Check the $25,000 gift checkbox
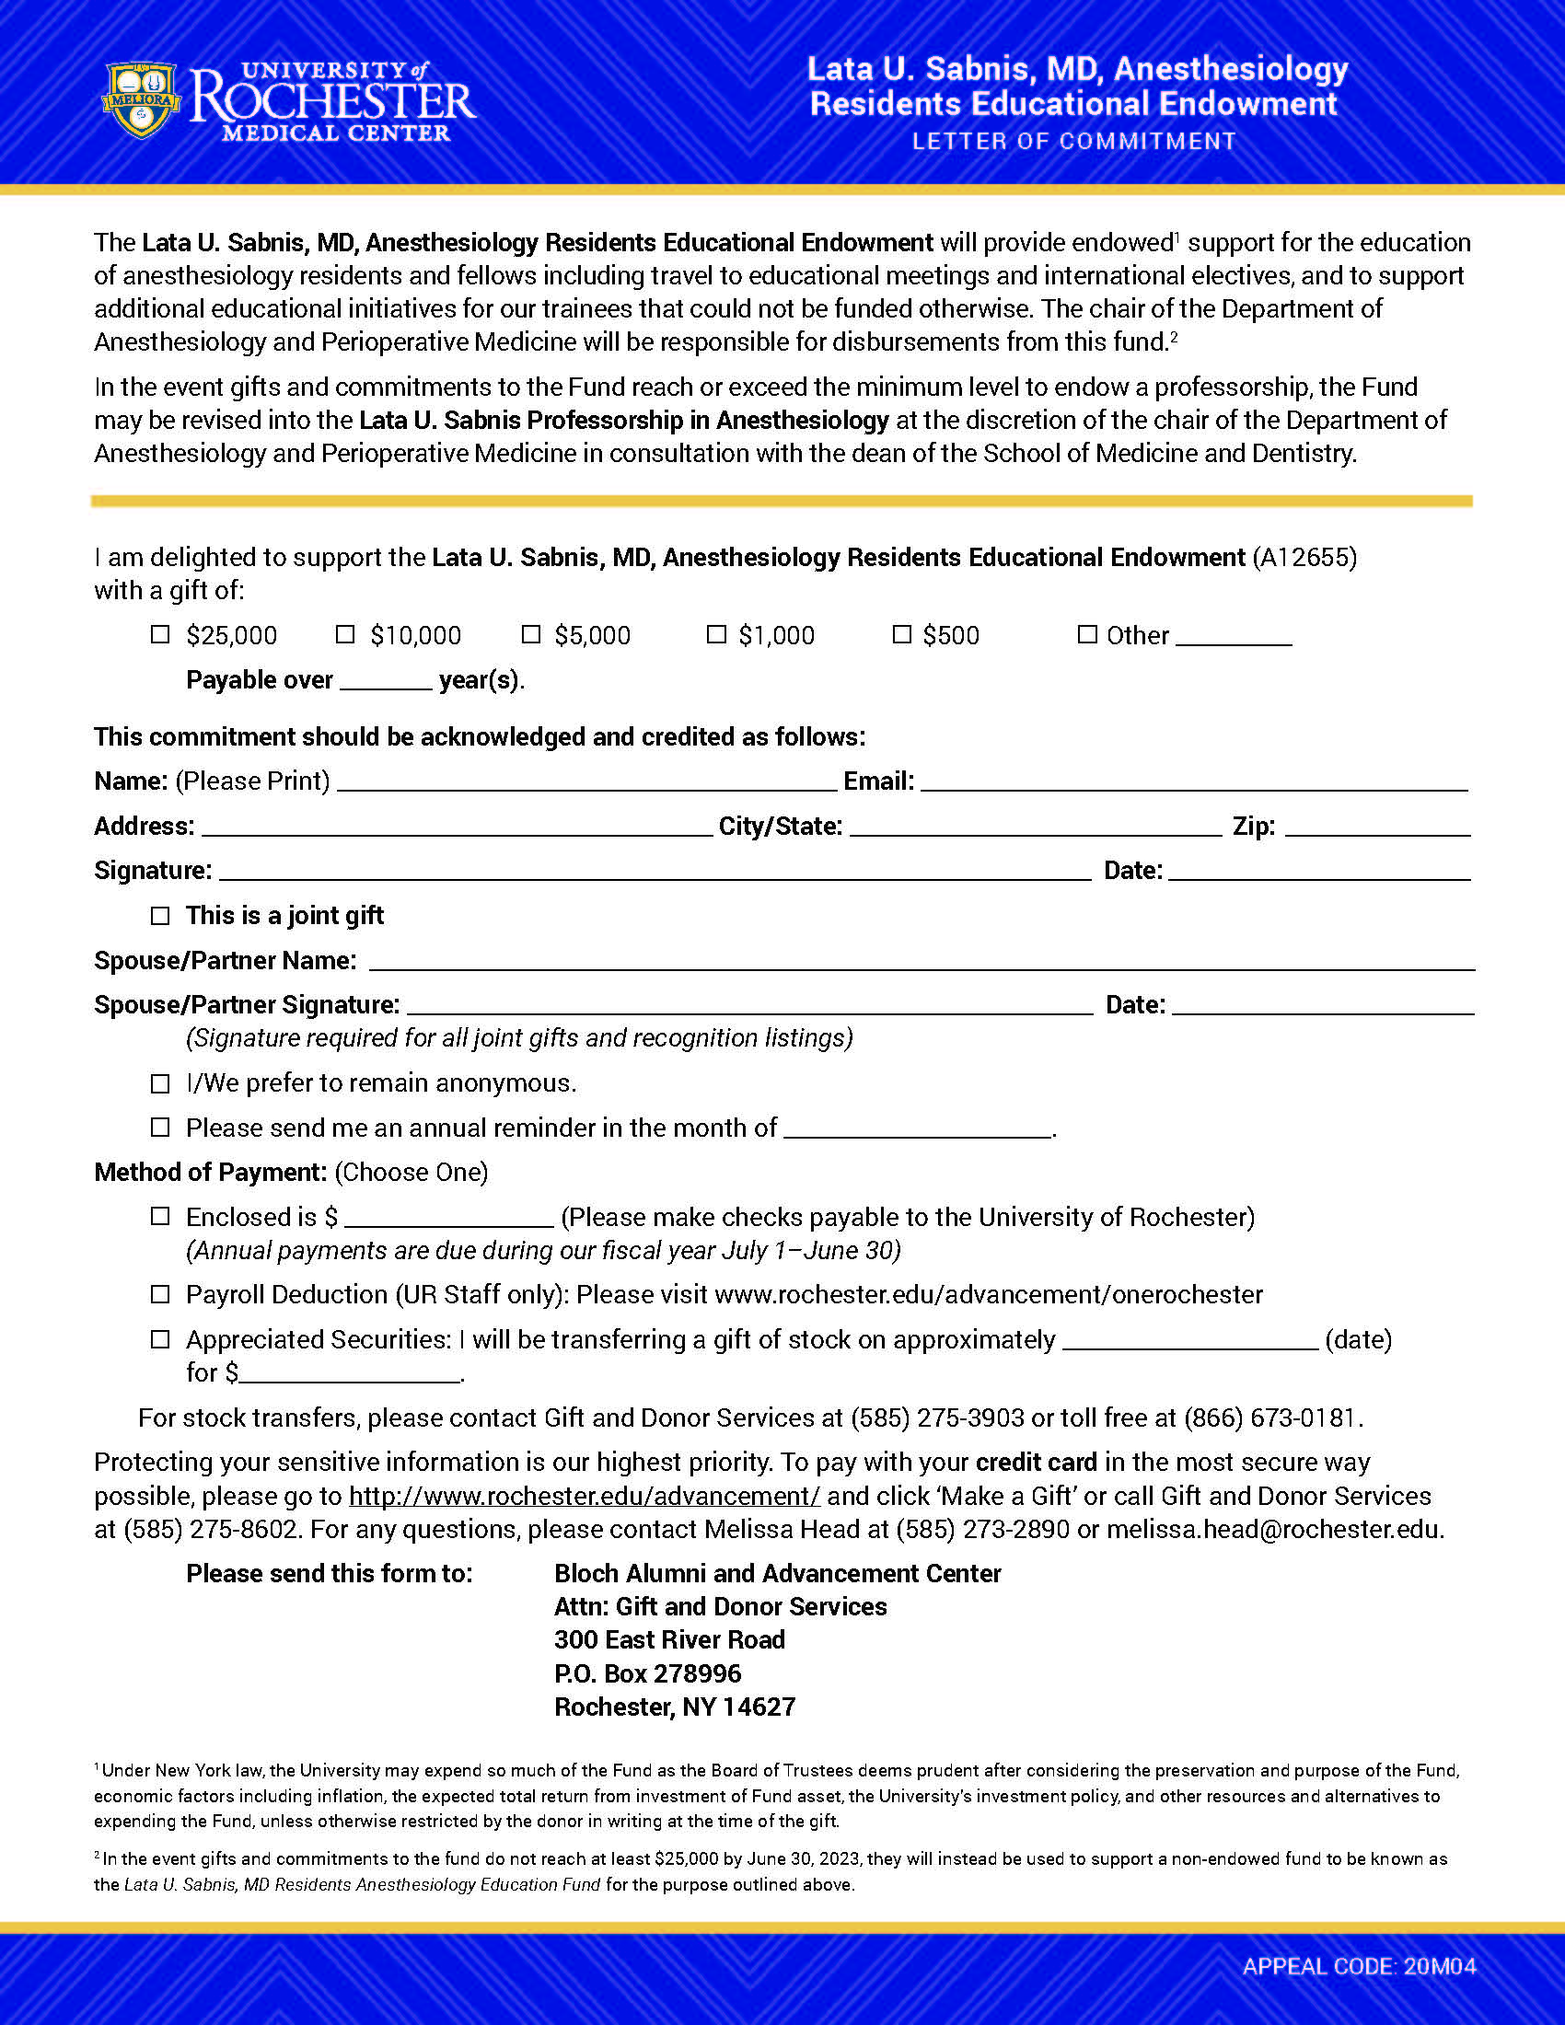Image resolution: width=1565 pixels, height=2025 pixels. coord(160,634)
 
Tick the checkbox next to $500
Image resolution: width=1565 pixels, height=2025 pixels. coord(901,634)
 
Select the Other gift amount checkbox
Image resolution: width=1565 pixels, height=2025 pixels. coord(1086,634)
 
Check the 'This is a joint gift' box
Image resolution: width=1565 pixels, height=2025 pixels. coord(160,915)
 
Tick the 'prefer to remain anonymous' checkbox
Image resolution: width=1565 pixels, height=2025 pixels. coord(160,1083)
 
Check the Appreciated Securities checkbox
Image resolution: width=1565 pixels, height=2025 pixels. coord(160,1339)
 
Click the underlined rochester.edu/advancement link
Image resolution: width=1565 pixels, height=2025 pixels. coord(584,1496)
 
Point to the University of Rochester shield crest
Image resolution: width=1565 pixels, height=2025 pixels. coord(140,99)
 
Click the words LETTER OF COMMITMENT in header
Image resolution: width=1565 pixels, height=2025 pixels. coord(1073,142)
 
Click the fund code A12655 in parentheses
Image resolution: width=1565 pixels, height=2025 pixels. coord(1304,557)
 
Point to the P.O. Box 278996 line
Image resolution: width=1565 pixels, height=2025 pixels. coord(647,1673)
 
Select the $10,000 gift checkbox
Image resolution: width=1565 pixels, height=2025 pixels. coord(345,634)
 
